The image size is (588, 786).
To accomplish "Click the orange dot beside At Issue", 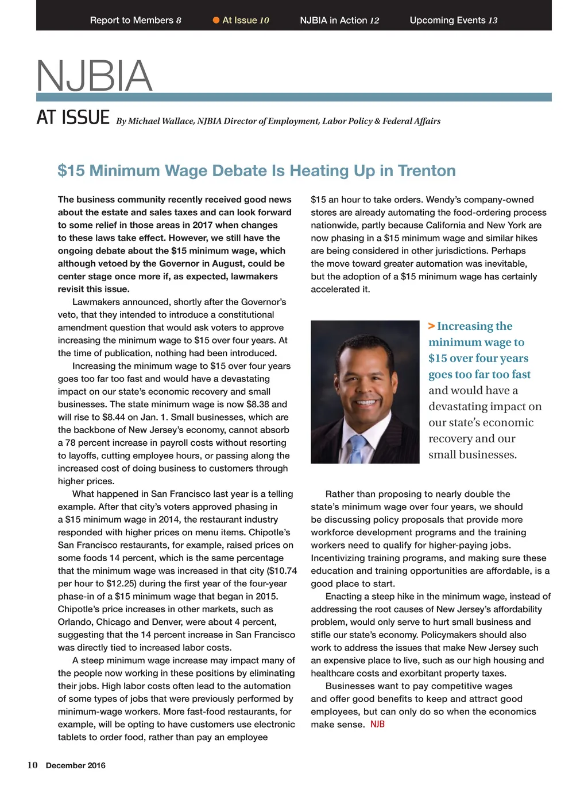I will coord(216,20).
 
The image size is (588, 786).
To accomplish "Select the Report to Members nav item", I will coord(136,20).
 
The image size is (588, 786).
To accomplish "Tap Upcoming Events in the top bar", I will coord(453,20).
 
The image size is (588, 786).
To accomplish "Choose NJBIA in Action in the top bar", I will coord(339,20).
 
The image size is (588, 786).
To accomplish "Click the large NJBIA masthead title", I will coord(94,76).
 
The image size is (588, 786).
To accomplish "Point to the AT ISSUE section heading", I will coord(73,118).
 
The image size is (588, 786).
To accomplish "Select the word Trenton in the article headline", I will coord(427,170).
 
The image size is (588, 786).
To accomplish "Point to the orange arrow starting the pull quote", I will coord(431,326).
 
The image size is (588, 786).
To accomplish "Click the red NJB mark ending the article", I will coord(377,724).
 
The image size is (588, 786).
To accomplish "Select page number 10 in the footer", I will coord(33,765).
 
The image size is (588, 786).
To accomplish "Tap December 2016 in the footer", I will coord(76,765).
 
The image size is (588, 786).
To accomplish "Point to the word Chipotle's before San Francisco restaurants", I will coord(269,532).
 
